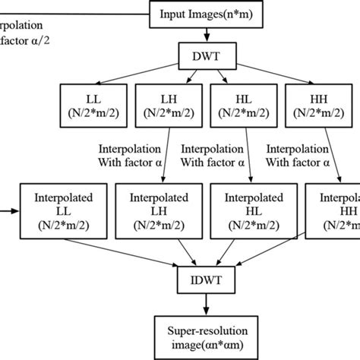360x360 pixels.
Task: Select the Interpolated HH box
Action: point(333,207)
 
